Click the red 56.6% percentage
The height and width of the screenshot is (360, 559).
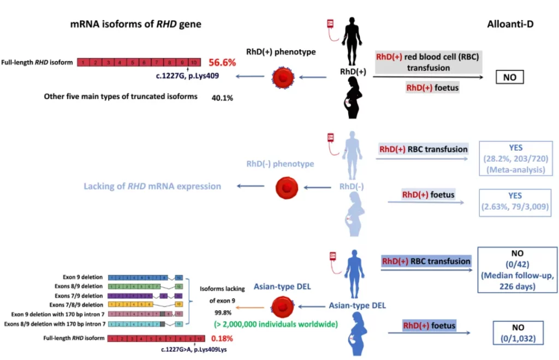pos(222,62)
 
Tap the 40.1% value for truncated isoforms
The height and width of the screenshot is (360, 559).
pos(222,98)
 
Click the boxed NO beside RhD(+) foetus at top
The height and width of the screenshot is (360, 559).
pos(509,78)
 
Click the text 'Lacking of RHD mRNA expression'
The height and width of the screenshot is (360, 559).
pos(152,186)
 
